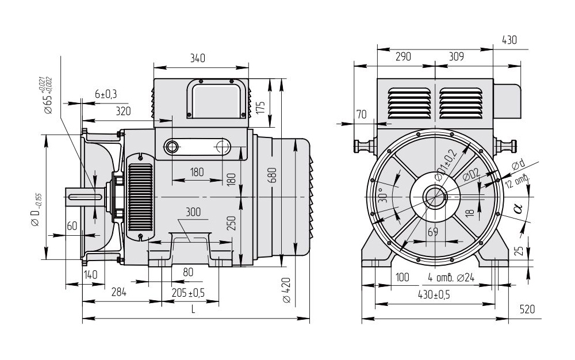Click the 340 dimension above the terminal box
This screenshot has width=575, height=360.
pyautogui.click(x=198, y=58)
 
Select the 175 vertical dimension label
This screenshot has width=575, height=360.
pyautogui.click(x=260, y=108)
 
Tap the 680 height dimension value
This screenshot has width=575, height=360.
pyautogui.click(x=272, y=175)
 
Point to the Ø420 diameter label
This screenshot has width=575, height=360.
pyautogui.click(x=287, y=290)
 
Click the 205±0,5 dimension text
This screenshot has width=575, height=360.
pyautogui.click(x=188, y=293)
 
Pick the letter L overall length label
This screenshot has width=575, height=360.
pyautogui.click(x=193, y=309)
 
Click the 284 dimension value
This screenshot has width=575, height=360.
pyautogui.click(x=119, y=292)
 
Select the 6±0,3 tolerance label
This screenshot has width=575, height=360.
pyautogui.click(x=106, y=94)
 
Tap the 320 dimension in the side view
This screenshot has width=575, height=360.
pyautogui.click(x=123, y=111)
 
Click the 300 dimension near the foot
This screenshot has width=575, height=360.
pyautogui.click(x=193, y=212)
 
